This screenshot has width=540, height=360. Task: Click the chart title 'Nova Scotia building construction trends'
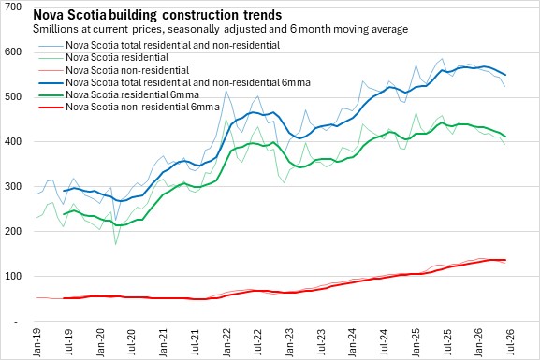(157, 15)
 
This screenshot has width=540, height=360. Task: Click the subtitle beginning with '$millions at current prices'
(221, 29)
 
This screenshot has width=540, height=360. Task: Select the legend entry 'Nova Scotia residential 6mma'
(133, 94)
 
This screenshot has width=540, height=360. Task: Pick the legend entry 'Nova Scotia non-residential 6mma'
(142, 107)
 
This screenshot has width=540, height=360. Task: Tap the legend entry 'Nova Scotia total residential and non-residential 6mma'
(188, 82)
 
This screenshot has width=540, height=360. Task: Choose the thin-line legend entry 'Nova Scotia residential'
(117, 57)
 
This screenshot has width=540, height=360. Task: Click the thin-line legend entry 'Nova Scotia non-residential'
(127, 70)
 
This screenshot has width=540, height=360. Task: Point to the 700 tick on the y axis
(13, 7)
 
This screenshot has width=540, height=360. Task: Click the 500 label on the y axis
(13, 96)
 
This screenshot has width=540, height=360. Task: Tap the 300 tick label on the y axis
(13, 186)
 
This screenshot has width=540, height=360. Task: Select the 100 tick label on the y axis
(13, 277)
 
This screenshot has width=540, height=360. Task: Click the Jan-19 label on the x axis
(36, 342)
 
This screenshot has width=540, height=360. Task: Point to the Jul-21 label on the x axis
(195, 342)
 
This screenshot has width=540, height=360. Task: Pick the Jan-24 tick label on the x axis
(352, 342)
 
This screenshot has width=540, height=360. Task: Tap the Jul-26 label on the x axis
(510, 342)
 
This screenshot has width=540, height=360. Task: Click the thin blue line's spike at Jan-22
(226, 91)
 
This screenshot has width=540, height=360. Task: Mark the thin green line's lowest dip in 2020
(115, 244)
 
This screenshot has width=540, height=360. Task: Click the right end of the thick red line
(505, 260)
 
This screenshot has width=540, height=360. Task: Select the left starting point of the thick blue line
(64, 191)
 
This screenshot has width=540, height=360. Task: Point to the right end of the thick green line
(505, 137)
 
